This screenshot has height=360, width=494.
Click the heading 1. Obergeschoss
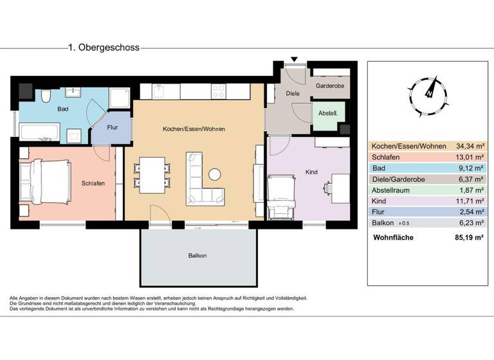(x=104, y=48)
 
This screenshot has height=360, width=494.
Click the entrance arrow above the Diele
(x=294, y=60)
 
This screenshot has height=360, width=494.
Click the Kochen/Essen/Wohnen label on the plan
(x=194, y=129)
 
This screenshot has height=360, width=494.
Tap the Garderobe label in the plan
(x=331, y=85)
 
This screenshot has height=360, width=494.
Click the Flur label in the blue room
(x=112, y=127)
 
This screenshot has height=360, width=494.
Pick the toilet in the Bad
(x=46, y=97)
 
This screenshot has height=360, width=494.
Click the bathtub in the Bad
(x=41, y=132)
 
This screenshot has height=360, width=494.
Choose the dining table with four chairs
(x=152, y=174)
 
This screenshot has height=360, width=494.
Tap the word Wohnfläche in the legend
(x=394, y=237)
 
